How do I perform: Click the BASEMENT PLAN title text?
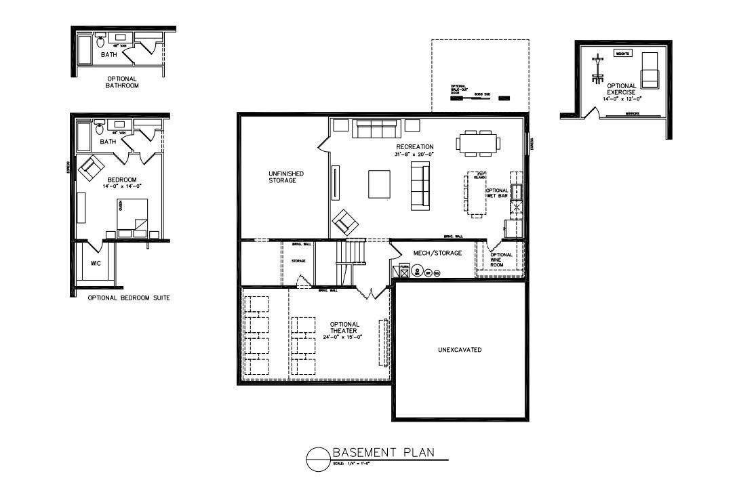tap(382, 453)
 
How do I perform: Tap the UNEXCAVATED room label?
tap(459, 350)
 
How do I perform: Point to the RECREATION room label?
tap(415, 146)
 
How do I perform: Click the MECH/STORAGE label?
tap(437, 253)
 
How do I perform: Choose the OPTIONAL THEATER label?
tap(344, 327)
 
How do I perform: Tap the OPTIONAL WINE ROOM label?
tap(502, 260)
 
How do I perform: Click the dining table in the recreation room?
tap(478, 143)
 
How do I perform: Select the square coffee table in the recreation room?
tap(380, 184)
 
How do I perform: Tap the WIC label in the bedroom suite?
tap(96, 263)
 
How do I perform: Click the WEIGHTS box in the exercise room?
tap(622, 53)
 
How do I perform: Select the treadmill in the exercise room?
tap(650, 69)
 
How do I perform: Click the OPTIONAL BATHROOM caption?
tap(122, 83)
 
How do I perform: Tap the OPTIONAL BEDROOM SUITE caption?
tap(129, 298)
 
